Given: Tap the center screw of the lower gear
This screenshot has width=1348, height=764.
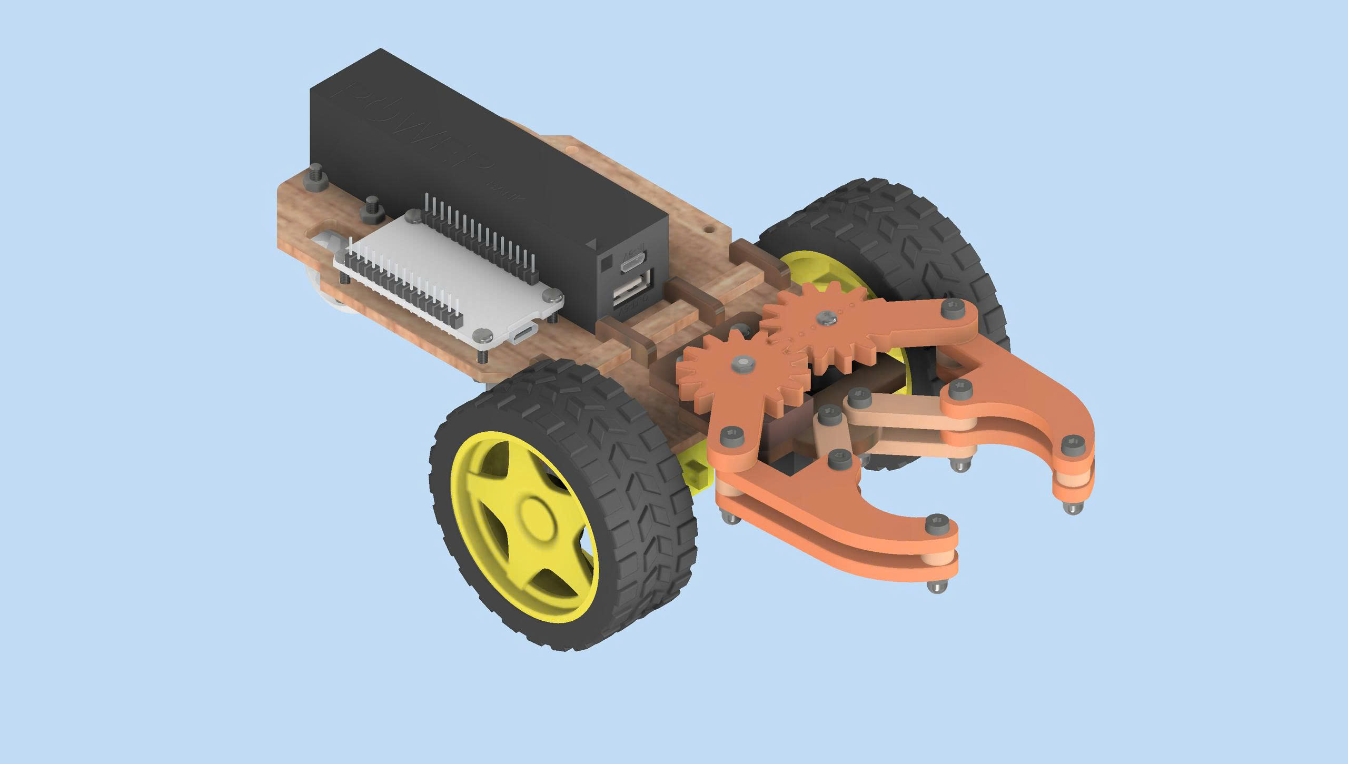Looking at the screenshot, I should tap(742, 363).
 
